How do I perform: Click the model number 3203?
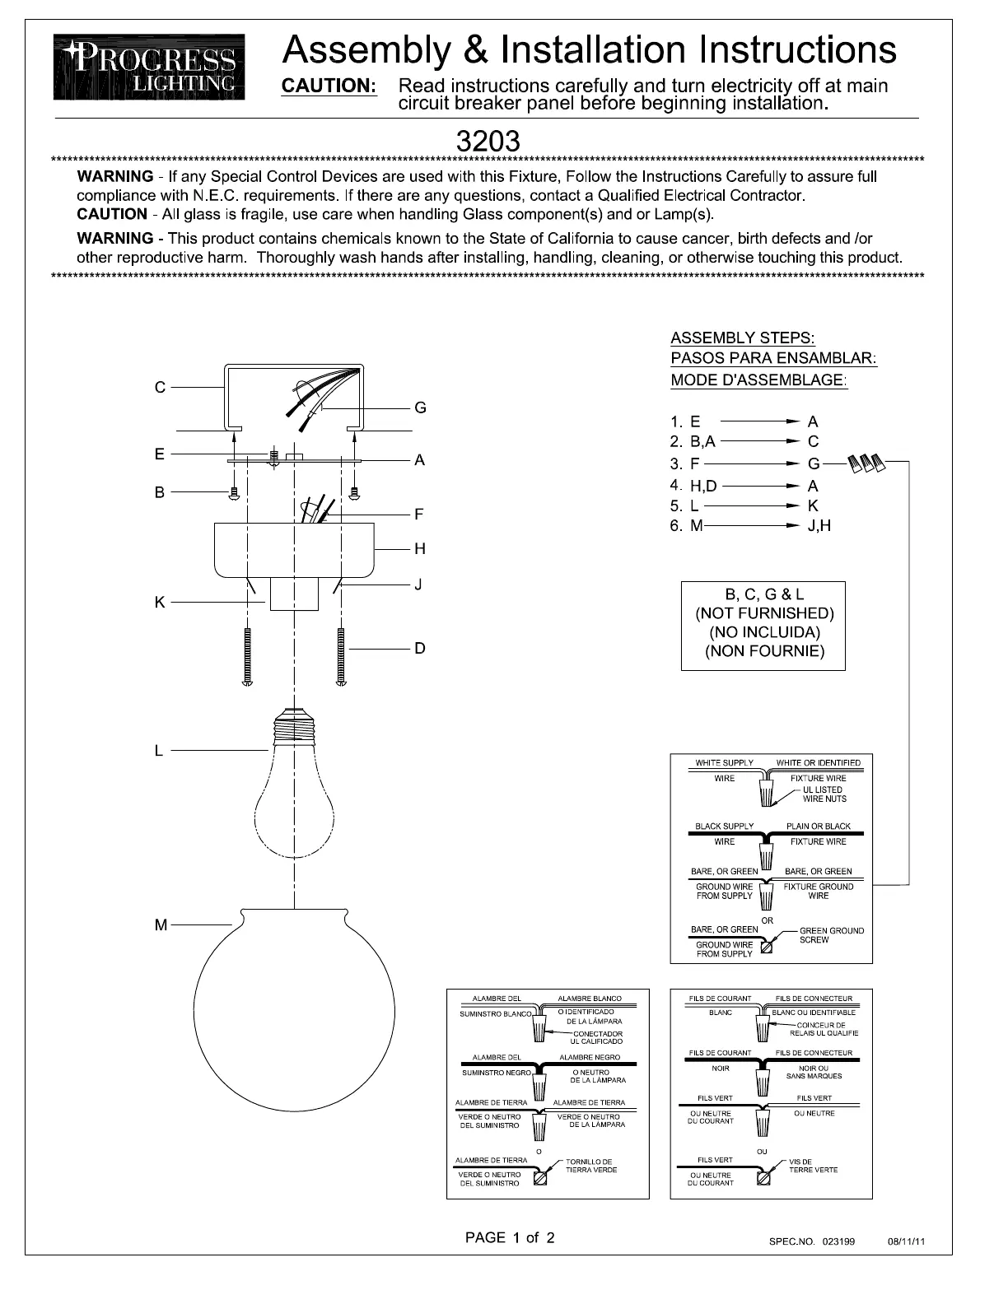tap(488, 142)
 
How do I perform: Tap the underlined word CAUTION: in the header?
tap(329, 86)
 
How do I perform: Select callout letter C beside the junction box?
tap(160, 387)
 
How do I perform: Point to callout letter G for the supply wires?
tap(420, 407)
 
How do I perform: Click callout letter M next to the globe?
tap(161, 925)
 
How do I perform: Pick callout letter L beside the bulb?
tap(159, 751)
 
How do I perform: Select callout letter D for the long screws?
tap(420, 649)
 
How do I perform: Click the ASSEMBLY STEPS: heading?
tap(743, 338)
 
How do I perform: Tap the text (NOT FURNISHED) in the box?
tap(764, 613)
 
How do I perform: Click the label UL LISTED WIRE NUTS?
tap(824, 794)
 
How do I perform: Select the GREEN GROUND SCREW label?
tap(832, 935)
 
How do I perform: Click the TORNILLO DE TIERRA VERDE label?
tap(591, 1166)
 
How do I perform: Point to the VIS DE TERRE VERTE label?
tap(813, 1166)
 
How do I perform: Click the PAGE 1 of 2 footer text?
tap(510, 1237)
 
